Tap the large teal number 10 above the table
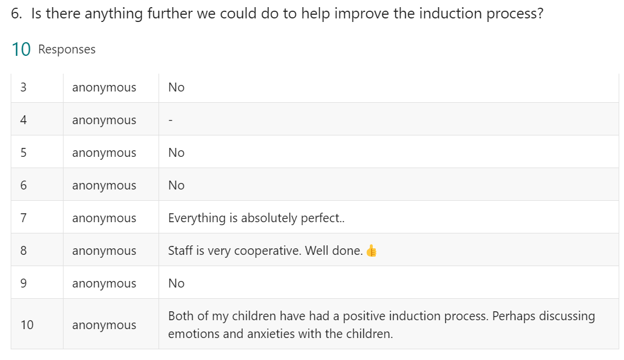21,49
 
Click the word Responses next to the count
67,49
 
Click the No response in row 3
176,87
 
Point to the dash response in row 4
170,120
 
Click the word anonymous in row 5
104,153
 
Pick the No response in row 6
176,185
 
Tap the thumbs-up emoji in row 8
371,251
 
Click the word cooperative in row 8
267,251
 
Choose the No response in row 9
176,283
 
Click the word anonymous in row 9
104,283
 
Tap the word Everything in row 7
197,218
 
